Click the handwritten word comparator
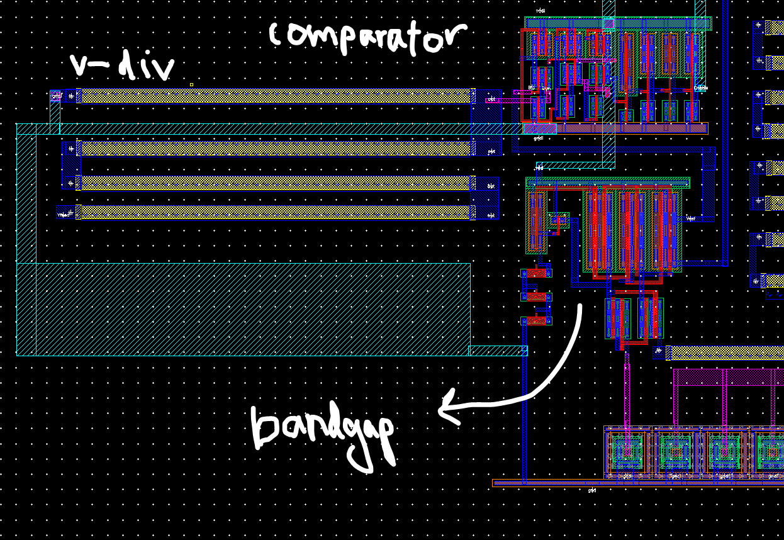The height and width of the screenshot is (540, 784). [x=368, y=38]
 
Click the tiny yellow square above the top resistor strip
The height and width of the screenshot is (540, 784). [x=191, y=84]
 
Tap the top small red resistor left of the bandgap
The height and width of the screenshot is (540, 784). [x=536, y=273]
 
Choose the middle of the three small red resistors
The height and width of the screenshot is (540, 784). [x=536, y=297]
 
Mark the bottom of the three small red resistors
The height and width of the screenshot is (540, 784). [x=536, y=321]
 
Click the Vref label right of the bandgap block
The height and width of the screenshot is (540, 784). [x=690, y=219]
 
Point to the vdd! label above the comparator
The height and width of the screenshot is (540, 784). [x=540, y=11]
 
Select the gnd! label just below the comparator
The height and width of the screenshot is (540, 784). [x=539, y=138]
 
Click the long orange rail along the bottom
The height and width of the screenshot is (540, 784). [x=636, y=483]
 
